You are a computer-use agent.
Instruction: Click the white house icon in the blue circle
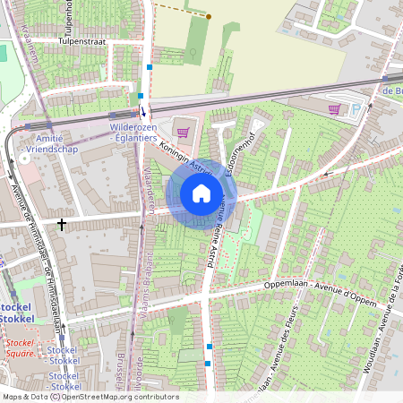pos(201,193)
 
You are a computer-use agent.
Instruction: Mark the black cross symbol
pos(62,223)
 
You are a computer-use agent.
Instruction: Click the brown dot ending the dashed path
pos(209,16)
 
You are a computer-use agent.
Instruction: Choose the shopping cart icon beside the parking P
pos(335,109)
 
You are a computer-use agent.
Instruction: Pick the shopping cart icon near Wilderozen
pos(183,133)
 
